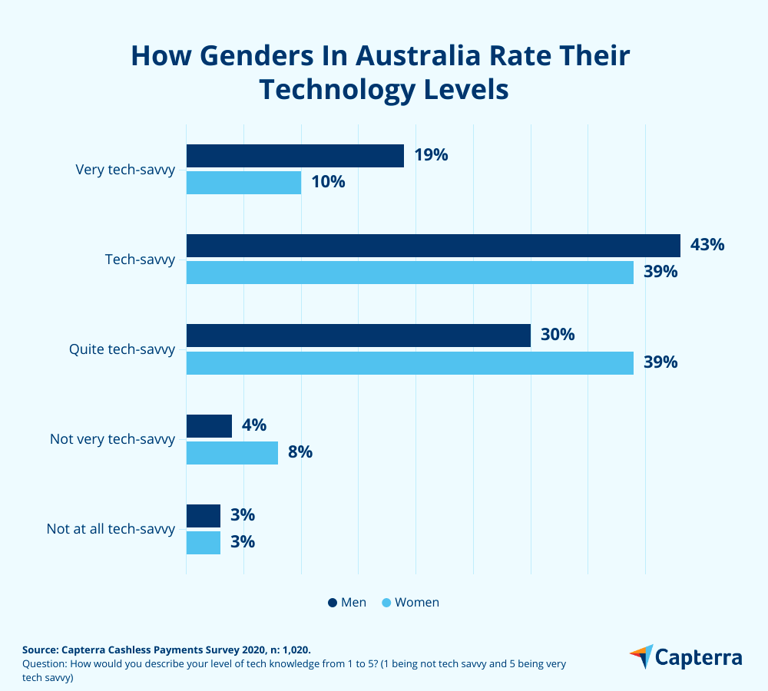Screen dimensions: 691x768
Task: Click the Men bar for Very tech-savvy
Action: click(295, 156)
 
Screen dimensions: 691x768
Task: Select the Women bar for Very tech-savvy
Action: click(243, 183)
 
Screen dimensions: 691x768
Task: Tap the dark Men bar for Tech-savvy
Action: click(433, 246)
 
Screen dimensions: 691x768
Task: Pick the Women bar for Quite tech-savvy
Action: click(409, 362)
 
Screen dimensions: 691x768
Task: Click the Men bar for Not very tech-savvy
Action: click(209, 426)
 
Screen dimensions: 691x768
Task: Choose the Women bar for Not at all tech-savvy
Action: click(204, 542)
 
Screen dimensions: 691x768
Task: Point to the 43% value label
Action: click(707, 245)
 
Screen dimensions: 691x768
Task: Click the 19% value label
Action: click(431, 155)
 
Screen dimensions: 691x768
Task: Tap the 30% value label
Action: click(558, 336)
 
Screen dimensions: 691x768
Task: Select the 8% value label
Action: click(300, 452)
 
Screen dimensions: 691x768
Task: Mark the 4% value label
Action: click(253, 425)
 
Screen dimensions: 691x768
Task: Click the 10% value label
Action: click(328, 182)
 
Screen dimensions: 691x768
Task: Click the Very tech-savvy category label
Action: click(125, 170)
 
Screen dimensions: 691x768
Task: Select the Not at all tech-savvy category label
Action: click(111, 529)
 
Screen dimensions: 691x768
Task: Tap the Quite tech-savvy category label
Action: click(122, 349)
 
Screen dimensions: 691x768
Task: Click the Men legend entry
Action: click(347, 603)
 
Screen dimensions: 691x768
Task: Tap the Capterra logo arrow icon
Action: click(641, 656)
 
